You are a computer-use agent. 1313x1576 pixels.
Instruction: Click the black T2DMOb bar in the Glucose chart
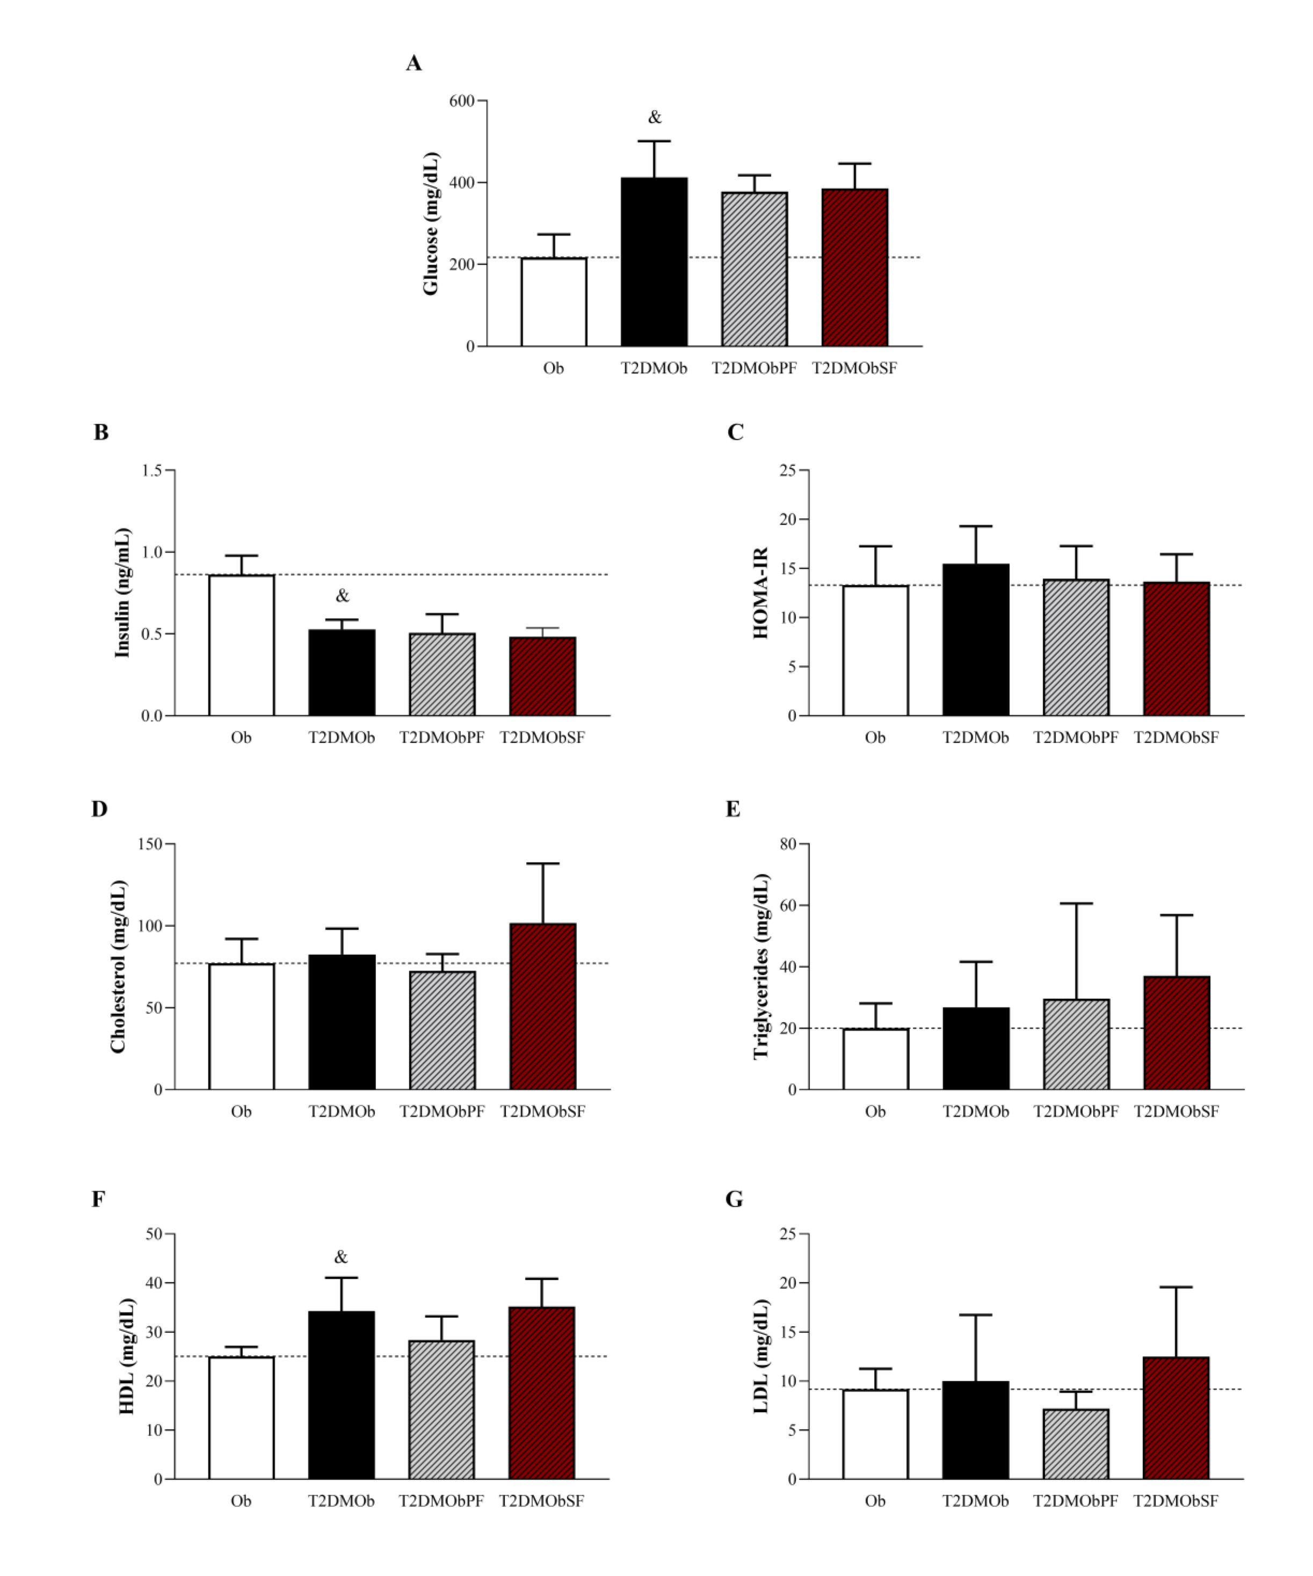pos(654,262)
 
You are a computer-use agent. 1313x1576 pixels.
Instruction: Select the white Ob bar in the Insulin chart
pos(241,645)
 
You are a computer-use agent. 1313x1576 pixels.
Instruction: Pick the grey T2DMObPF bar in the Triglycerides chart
pos(1076,1044)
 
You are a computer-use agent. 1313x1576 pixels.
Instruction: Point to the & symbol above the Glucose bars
pos(655,117)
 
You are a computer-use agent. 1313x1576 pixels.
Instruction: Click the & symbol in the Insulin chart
pos(342,596)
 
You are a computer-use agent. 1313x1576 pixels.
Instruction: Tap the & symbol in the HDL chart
pos(341,1257)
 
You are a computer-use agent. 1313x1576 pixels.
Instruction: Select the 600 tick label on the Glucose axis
pos(462,100)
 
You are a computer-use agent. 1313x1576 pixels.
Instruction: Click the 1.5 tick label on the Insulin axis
pos(151,470)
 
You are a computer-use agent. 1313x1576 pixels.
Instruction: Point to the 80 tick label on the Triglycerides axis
pos(787,844)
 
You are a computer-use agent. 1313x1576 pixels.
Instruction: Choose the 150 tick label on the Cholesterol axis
pos(150,844)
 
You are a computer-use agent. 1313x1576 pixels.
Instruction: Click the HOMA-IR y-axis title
pos(760,593)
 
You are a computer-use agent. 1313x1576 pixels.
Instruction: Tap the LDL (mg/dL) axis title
pos(760,1357)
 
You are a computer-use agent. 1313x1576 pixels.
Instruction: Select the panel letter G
pos(734,1199)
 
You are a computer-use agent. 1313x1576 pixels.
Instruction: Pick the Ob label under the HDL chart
pos(241,1501)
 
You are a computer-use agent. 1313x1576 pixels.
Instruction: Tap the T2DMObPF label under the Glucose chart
pos(754,368)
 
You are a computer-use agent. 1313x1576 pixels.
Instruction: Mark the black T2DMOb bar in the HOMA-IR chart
pos(976,640)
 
